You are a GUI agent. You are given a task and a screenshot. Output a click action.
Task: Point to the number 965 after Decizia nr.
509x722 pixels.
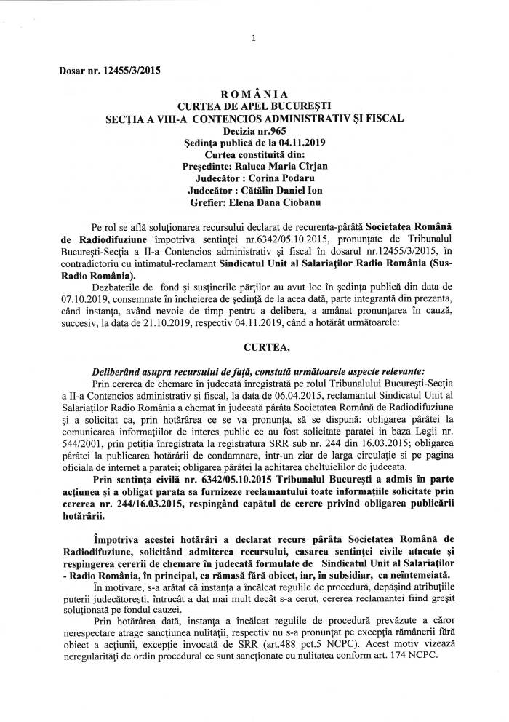pyautogui.click(x=282, y=130)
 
